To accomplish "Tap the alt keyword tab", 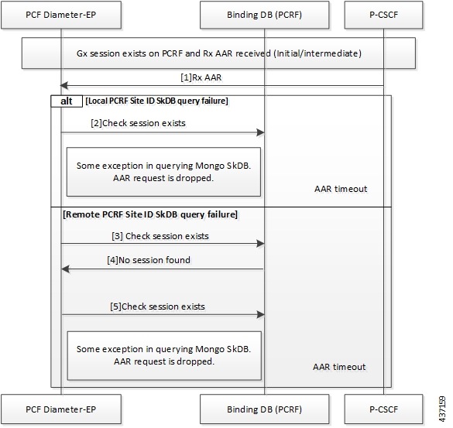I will click(66, 101).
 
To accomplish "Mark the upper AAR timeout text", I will click(340, 188).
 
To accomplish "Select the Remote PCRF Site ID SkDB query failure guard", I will click(149, 214).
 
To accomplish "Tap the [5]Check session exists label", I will click(156, 306).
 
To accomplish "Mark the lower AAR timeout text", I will click(340, 366).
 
